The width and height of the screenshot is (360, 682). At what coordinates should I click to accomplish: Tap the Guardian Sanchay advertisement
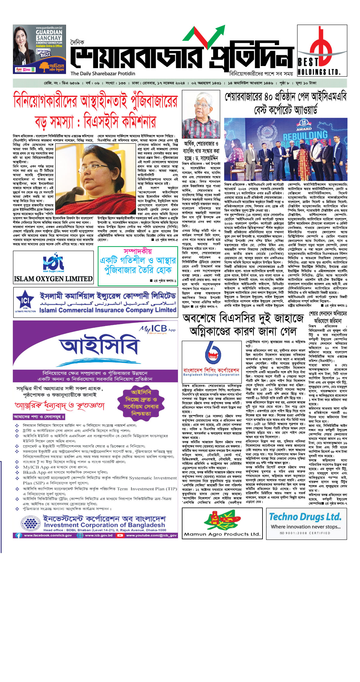tap(40, 49)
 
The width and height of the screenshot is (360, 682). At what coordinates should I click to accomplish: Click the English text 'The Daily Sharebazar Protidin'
tap(103, 74)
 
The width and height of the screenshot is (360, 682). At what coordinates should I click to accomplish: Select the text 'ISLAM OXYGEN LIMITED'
tap(53, 279)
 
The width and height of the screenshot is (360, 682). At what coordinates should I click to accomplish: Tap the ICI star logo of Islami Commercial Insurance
tap(25, 300)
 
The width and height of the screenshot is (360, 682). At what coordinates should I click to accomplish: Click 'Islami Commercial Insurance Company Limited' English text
tap(108, 310)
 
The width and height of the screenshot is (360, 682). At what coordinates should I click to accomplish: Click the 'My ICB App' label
tap(157, 329)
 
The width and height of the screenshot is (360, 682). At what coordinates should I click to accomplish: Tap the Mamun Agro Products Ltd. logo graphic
tap(222, 521)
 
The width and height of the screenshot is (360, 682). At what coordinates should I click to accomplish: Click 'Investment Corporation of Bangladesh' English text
tap(104, 525)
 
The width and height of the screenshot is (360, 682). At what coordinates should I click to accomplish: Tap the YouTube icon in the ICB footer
tap(120, 535)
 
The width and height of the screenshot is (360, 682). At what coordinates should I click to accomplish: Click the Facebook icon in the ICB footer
tap(19, 535)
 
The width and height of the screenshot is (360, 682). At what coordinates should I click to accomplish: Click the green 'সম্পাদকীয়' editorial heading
tap(138, 251)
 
